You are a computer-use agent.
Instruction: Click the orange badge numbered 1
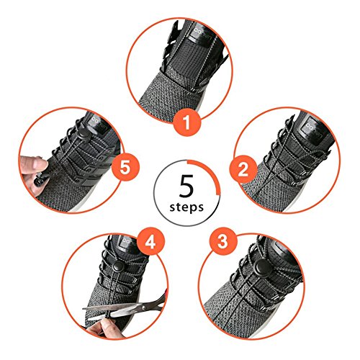click(186, 122)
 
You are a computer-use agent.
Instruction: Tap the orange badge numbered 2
click(243, 169)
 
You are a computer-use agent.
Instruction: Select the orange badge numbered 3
click(222, 240)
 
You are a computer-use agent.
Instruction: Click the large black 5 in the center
click(186, 186)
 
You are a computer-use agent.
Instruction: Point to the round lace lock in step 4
click(117, 266)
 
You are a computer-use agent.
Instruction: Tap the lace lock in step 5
click(84, 137)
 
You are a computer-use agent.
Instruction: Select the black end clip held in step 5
click(42, 180)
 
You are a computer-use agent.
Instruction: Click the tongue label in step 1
click(204, 36)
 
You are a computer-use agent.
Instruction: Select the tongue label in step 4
click(127, 242)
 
